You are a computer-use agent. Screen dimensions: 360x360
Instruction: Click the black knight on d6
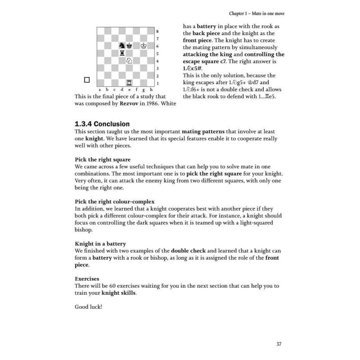click(x=121, y=45)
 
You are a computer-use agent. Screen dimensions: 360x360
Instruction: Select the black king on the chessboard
click(x=129, y=45)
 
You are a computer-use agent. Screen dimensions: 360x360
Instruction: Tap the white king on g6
click(x=144, y=45)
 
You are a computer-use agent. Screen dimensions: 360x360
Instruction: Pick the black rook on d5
click(x=121, y=53)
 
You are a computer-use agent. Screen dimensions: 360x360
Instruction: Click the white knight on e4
click(x=129, y=61)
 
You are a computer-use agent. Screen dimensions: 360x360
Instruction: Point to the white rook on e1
click(x=129, y=83)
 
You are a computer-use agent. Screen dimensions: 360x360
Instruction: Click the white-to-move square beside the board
click(x=87, y=80)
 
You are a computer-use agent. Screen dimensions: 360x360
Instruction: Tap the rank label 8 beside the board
click(x=157, y=31)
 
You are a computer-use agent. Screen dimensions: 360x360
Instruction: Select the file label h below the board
click(x=152, y=90)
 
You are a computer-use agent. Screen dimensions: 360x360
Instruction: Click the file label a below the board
click(x=99, y=90)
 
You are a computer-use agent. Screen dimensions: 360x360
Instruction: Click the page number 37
click(x=279, y=344)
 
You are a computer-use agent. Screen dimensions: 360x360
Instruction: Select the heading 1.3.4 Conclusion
click(x=102, y=124)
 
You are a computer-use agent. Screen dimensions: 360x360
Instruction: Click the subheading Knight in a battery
click(x=100, y=243)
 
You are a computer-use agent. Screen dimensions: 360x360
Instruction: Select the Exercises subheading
click(x=87, y=279)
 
